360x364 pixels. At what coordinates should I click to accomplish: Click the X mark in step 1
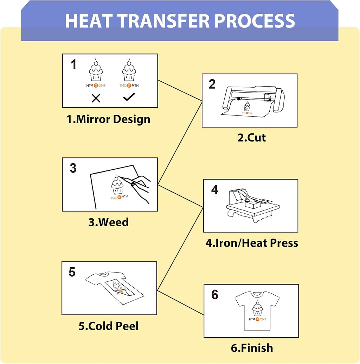(x=96, y=98)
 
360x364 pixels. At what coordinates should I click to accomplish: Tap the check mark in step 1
(x=129, y=97)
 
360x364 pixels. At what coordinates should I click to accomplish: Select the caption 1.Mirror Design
(x=108, y=119)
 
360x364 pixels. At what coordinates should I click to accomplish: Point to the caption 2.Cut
(x=251, y=137)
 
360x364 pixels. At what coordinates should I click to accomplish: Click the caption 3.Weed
(x=108, y=222)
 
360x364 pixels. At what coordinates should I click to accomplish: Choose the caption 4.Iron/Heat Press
(x=252, y=243)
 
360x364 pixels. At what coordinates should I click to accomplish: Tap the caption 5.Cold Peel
(x=108, y=326)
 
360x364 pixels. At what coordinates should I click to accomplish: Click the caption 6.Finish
(x=252, y=348)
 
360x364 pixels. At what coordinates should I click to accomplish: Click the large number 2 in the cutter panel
(x=212, y=84)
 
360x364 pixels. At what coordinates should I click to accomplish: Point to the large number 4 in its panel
(x=215, y=189)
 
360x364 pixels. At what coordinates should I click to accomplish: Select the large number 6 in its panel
(x=215, y=295)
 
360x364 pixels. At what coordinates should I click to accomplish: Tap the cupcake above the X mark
(x=96, y=70)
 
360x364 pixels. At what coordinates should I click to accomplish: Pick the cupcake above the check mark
(x=129, y=70)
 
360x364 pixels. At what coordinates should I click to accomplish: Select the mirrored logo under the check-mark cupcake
(x=129, y=86)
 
